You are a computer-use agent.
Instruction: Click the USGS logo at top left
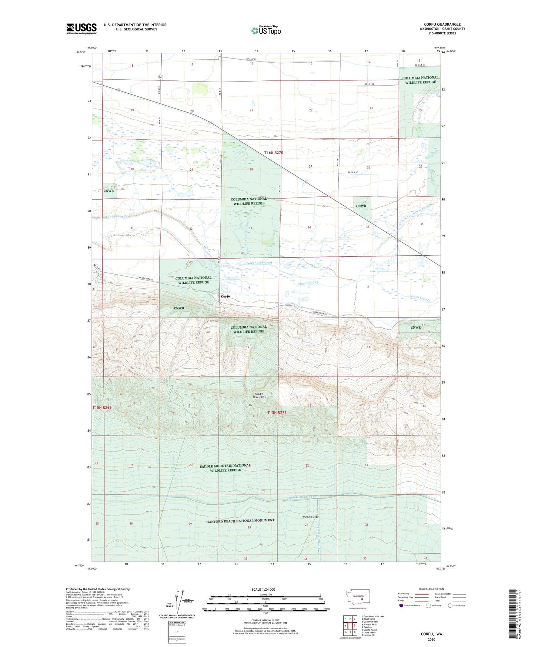pyautogui.click(x=81, y=29)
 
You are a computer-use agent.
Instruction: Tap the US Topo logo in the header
pyautogui.click(x=266, y=30)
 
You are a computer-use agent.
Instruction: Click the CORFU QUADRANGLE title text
pyautogui.click(x=442, y=24)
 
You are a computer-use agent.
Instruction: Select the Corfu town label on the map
pyautogui.click(x=225, y=296)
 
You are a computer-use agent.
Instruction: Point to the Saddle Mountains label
pyautogui.click(x=260, y=395)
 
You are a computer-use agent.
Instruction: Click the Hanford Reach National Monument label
pyautogui.click(x=240, y=521)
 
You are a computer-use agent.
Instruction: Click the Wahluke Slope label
pyautogui.click(x=310, y=517)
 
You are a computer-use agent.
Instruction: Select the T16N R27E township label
pyautogui.click(x=274, y=153)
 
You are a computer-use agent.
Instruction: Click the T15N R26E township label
pyautogui.click(x=102, y=408)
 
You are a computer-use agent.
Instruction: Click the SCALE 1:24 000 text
pyautogui.click(x=263, y=589)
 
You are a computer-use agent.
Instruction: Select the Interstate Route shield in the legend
pyautogui.click(x=402, y=605)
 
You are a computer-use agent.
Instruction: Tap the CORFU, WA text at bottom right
pyautogui.click(x=431, y=634)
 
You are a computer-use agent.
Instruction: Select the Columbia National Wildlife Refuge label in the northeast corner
pyautogui.click(x=420, y=80)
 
